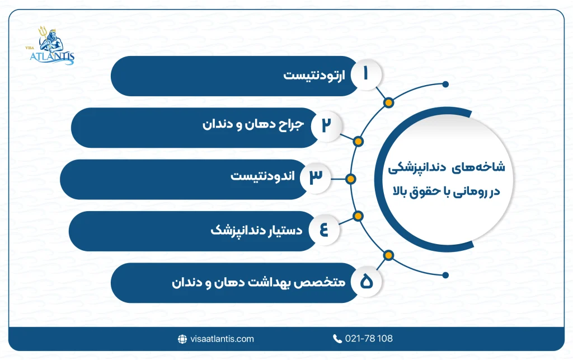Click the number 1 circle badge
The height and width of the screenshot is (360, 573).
click(x=366, y=76)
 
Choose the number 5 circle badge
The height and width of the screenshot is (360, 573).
click(x=366, y=282)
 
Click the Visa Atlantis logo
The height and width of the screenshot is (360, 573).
click(x=52, y=47)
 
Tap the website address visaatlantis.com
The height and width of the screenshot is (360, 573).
click(x=222, y=339)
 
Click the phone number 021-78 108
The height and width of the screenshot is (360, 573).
click(x=369, y=339)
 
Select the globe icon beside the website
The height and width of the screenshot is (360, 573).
click(x=182, y=339)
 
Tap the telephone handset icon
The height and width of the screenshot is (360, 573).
click(x=337, y=339)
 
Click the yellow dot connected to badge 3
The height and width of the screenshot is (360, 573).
click(x=350, y=179)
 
